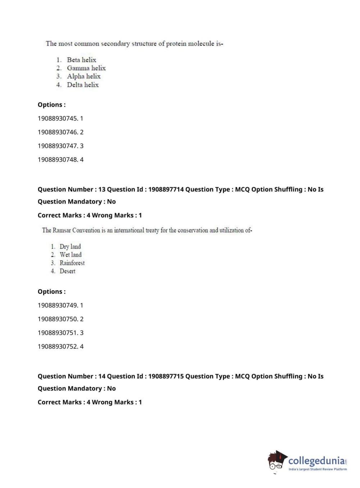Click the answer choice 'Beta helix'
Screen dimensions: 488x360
point(81,60)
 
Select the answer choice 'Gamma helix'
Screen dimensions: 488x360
point(86,68)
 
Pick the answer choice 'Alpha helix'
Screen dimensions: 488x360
point(83,76)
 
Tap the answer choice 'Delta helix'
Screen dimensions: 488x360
point(82,85)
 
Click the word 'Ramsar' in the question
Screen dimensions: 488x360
point(61,230)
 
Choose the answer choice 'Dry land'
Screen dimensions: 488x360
point(70,247)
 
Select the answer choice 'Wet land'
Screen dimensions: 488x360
point(70,255)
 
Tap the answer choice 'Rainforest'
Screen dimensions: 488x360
point(72,263)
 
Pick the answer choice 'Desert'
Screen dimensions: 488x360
point(67,271)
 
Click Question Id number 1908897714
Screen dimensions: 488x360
point(166,189)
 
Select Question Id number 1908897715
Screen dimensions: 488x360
point(166,376)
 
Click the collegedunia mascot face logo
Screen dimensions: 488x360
point(277,461)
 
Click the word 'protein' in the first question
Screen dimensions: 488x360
point(176,44)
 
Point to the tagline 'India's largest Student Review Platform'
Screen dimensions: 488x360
point(318,469)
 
